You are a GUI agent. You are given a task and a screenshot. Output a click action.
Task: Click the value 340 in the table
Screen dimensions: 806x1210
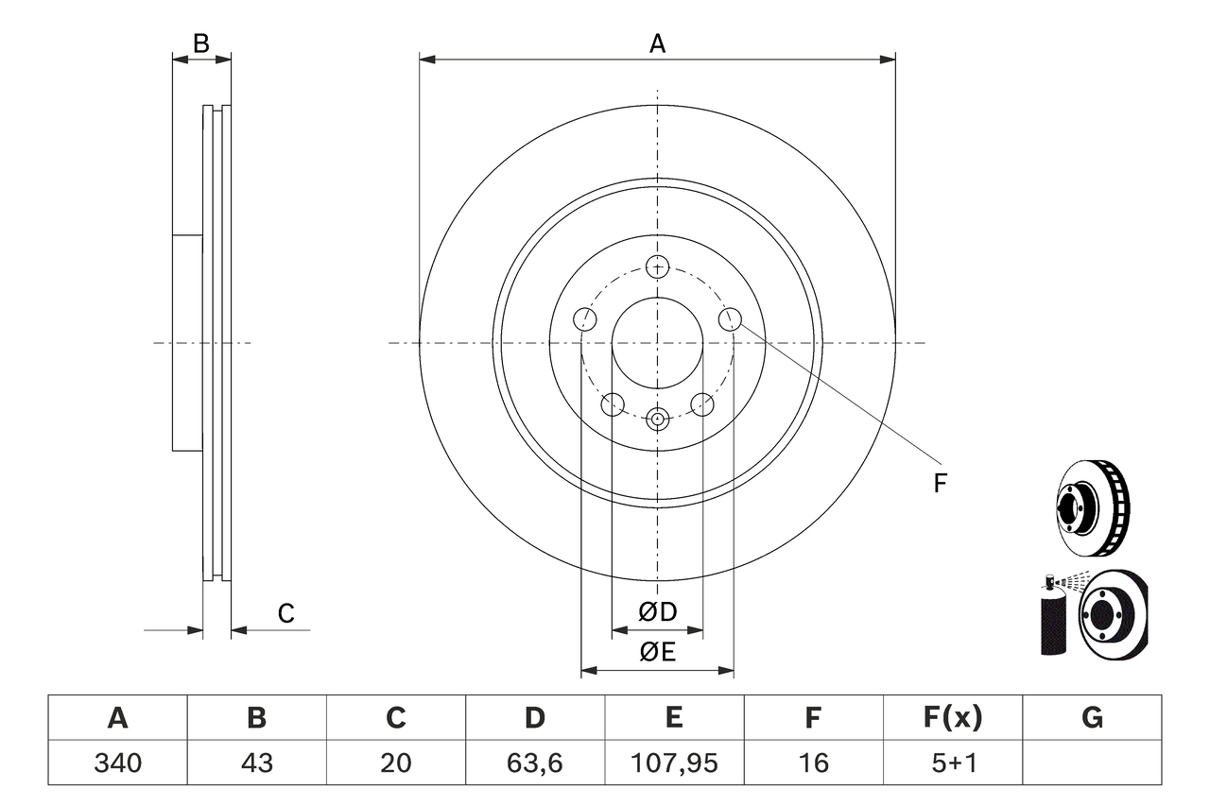coord(117,763)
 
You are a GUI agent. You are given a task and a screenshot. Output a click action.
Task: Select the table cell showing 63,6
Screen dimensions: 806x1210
coord(535,763)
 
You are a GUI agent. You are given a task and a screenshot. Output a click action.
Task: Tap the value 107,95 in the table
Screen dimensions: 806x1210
coord(674,763)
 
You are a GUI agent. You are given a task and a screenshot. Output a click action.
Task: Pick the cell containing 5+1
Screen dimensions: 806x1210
coord(953,763)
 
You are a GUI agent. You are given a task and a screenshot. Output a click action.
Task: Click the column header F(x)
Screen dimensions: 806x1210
coord(953,718)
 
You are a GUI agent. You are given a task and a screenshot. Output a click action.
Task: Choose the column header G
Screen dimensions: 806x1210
coord(1092,718)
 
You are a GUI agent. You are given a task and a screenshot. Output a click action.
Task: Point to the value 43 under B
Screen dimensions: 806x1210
coord(256,763)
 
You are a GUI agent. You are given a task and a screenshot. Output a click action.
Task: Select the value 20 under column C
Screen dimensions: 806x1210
coord(395,763)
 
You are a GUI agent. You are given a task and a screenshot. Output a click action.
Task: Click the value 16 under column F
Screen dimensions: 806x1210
coord(813,763)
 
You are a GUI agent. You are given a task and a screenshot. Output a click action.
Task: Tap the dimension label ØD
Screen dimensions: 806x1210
coord(658,612)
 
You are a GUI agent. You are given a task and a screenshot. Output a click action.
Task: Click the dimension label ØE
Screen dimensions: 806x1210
coord(658,652)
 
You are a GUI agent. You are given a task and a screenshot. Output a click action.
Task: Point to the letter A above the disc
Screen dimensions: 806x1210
coord(657,43)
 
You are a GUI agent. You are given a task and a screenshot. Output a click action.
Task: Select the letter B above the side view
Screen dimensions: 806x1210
coord(200,43)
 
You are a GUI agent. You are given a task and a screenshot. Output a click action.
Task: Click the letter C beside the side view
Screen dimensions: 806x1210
coord(285,613)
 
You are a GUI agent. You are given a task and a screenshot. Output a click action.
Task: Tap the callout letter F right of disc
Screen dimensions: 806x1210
coord(940,484)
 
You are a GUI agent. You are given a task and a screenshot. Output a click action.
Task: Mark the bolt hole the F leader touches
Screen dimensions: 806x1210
coord(730,319)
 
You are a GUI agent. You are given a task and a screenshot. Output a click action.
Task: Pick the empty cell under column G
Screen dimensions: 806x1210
coord(1092,763)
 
